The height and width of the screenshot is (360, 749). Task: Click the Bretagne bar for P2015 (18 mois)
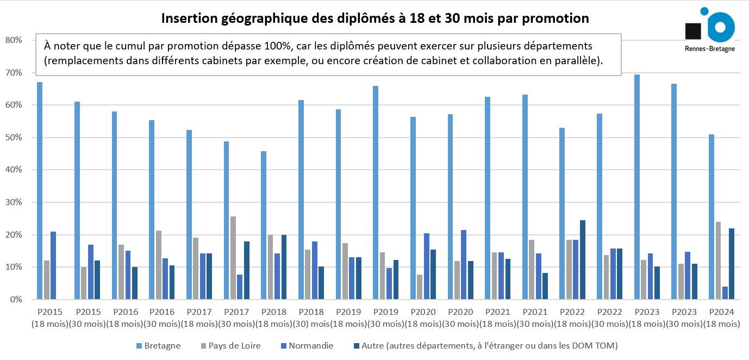click(x=40, y=191)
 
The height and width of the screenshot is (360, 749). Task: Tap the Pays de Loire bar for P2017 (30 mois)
click(x=233, y=258)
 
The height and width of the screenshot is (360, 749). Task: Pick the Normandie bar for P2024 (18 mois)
click(x=725, y=293)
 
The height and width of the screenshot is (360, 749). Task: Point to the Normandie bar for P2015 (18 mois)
click(x=53, y=265)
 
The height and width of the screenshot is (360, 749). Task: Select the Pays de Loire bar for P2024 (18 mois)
click(x=718, y=260)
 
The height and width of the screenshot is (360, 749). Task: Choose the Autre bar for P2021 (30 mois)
click(x=545, y=286)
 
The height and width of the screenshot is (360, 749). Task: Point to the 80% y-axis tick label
click(x=13, y=40)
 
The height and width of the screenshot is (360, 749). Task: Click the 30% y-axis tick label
click(x=13, y=202)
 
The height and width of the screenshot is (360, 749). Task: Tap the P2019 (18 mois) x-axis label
click(x=348, y=318)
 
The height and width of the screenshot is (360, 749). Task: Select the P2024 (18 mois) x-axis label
click(x=721, y=318)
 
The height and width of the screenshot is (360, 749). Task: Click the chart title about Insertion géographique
click(x=375, y=18)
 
